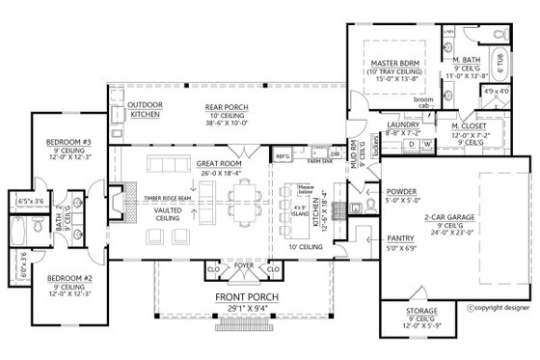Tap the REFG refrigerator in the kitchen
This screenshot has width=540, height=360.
(283, 155)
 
